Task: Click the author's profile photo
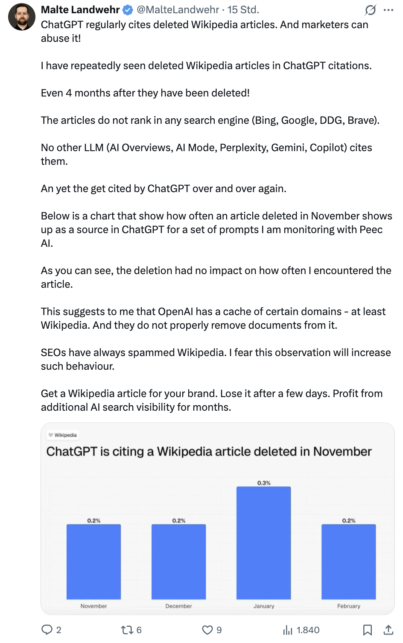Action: pyautogui.click(x=22, y=17)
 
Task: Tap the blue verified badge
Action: pyautogui.click(x=128, y=10)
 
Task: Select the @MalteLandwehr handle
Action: pyautogui.click(x=178, y=9)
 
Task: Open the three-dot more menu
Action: pyautogui.click(x=388, y=10)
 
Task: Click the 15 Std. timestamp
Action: pyautogui.click(x=243, y=9)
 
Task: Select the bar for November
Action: pyautogui.click(x=93, y=561)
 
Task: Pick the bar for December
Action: pyautogui.click(x=178, y=561)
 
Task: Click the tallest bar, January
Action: pyautogui.click(x=263, y=542)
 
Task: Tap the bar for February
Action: pyautogui.click(x=348, y=561)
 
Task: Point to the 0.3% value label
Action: pyautogui.click(x=264, y=483)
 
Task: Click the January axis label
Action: pyautogui.click(x=264, y=606)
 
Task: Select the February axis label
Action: pyautogui.click(x=348, y=606)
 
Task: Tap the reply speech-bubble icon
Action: pyautogui.click(x=47, y=630)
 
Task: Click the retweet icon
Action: pyautogui.click(x=127, y=630)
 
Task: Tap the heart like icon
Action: pyautogui.click(x=207, y=630)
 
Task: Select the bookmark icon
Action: pyautogui.click(x=367, y=630)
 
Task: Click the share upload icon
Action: pyautogui.click(x=388, y=630)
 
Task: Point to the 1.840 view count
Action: pyautogui.click(x=308, y=630)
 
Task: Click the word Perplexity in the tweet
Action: pyautogui.click(x=243, y=148)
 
